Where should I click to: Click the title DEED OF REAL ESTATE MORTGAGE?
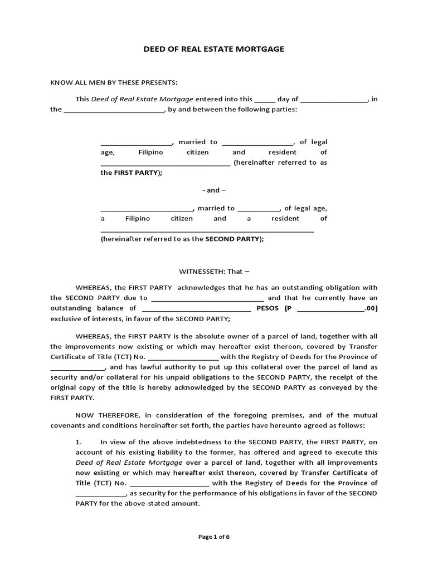(x=213, y=49)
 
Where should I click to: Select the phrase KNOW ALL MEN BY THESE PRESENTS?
(x=114, y=83)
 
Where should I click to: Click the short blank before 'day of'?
(x=265, y=100)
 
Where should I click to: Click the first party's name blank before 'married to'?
(x=137, y=142)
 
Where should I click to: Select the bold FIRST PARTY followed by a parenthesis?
(x=137, y=173)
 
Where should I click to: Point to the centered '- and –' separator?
(x=214, y=190)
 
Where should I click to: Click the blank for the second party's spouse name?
(x=259, y=209)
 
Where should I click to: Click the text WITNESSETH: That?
(x=214, y=272)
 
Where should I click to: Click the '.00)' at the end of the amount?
(x=372, y=308)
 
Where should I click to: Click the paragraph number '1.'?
(x=79, y=443)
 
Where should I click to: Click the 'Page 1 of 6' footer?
(x=214, y=537)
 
